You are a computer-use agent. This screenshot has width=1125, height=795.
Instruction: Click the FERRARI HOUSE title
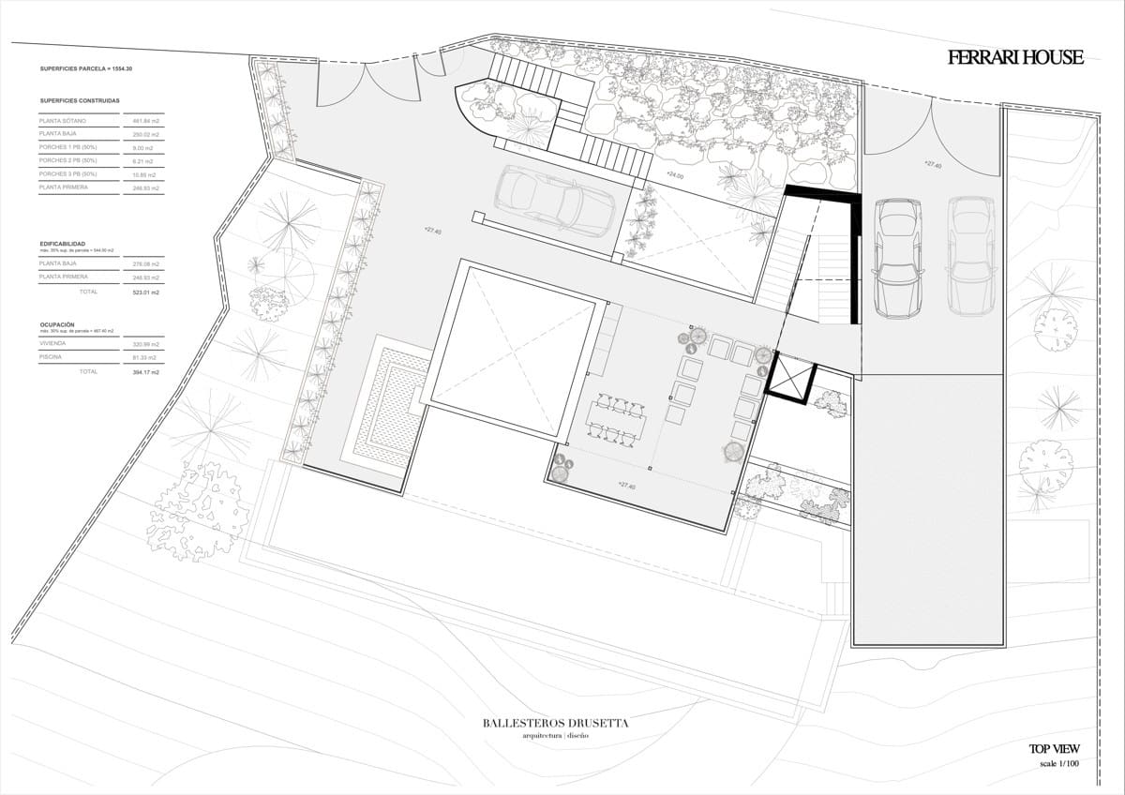tap(1015, 58)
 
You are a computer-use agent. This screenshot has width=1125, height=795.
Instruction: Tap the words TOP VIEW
tap(1054, 749)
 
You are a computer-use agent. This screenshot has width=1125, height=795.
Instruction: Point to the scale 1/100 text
tap(1059, 765)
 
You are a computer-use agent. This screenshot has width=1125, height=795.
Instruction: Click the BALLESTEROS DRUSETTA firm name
tap(555, 723)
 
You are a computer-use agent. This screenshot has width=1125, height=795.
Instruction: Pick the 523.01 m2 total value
tap(145, 292)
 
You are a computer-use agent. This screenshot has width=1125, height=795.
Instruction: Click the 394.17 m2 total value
tap(145, 372)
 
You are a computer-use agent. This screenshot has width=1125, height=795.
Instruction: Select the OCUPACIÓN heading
tap(58, 324)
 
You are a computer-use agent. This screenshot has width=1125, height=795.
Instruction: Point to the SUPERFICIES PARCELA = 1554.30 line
tap(86, 69)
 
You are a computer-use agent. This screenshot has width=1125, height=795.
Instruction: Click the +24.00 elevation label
tap(675, 175)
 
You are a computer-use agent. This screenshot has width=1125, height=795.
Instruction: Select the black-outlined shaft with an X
tap(788, 379)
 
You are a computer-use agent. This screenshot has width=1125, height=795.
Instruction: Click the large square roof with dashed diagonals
tap(514, 352)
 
